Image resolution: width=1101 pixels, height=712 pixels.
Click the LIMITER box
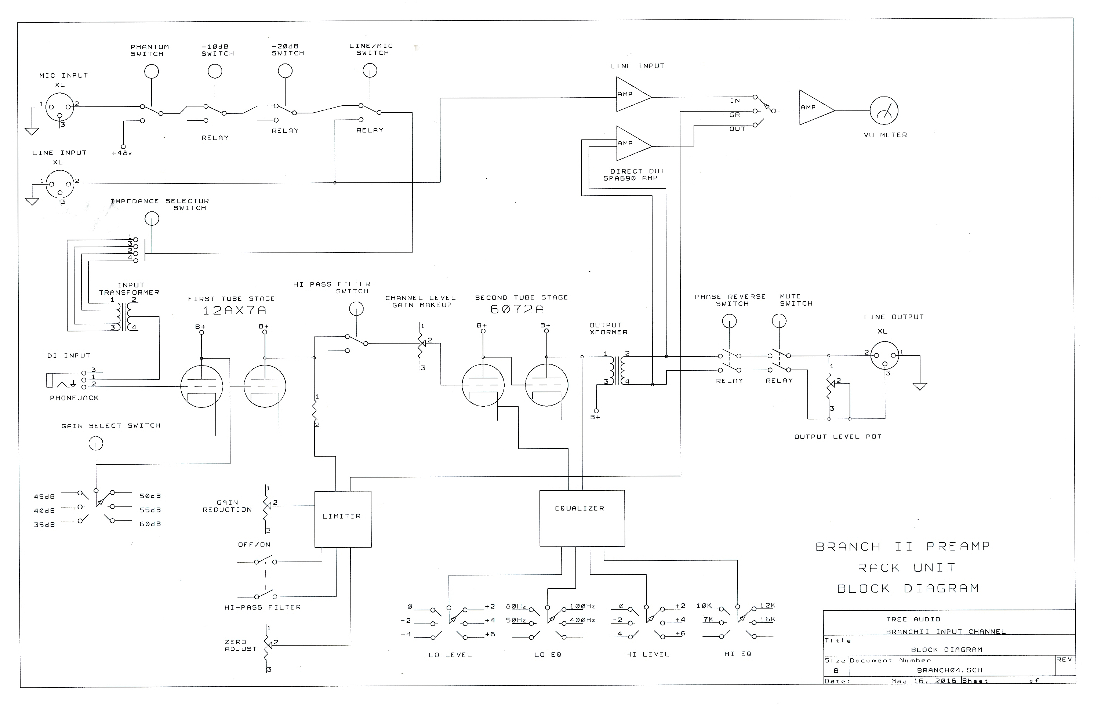click(x=342, y=519)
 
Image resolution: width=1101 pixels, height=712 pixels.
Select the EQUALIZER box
click(x=582, y=518)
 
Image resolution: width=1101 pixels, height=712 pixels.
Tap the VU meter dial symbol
click(x=883, y=111)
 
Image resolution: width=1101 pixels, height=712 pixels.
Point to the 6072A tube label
click(x=517, y=309)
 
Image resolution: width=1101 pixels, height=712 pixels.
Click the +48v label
click(x=121, y=153)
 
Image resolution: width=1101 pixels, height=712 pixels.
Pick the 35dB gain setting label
click(x=44, y=525)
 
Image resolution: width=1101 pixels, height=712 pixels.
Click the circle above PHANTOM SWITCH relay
click(x=151, y=72)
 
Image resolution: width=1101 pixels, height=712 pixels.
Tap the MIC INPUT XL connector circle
click(x=61, y=107)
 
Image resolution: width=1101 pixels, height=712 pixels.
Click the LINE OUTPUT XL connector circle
click(x=884, y=356)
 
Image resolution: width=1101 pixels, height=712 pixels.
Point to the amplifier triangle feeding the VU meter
click(x=814, y=108)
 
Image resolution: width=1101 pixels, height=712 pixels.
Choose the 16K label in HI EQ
click(x=767, y=620)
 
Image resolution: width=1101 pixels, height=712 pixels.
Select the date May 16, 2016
click(x=923, y=680)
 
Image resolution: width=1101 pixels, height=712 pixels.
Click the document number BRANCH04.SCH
click(x=949, y=670)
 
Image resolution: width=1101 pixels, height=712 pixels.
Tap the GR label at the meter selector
click(x=734, y=115)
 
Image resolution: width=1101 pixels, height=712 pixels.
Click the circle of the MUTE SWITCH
click(x=779, y=320)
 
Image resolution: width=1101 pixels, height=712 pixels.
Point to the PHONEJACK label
click(x=75, y=397)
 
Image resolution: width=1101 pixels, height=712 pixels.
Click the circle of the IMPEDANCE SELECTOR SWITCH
click(x=152, y=219)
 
